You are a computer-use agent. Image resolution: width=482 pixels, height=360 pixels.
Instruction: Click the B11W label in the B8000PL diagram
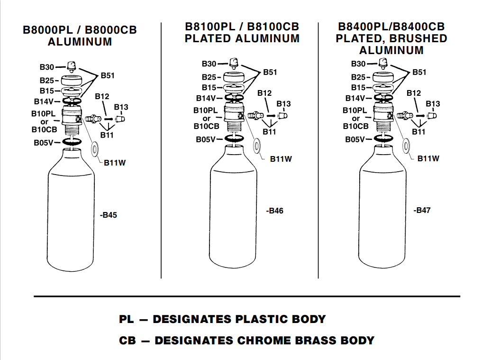115,163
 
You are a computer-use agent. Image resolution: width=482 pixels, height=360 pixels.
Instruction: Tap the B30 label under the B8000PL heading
46,67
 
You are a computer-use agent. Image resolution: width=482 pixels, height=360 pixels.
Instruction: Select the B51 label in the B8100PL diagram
270,72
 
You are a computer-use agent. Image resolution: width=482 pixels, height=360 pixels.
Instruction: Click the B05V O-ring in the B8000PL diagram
72,142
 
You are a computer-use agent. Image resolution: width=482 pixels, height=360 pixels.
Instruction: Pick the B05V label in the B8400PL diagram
355,139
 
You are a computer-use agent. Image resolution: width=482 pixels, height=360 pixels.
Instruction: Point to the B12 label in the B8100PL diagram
264,93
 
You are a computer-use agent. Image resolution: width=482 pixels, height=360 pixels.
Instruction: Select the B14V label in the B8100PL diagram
206,98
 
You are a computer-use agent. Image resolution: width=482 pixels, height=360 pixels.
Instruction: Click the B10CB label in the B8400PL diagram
355,126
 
